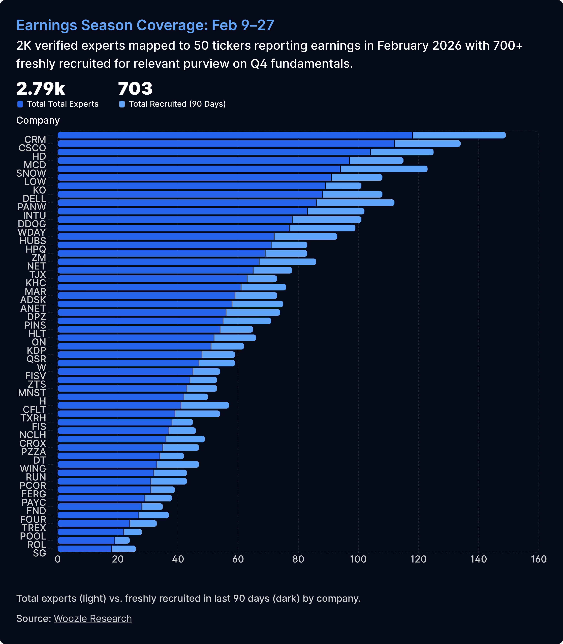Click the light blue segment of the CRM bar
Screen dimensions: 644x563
pyautogui.click(x=459, y=135)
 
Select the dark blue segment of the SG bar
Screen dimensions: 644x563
pyautogui.click(x=85, y=549)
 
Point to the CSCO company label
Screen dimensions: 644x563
pyautogui.click(x=32, y=148)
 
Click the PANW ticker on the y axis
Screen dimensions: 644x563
pyautogui.click(x=32, y=207)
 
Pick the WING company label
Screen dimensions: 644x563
pyautogui.click(x=33, y=469)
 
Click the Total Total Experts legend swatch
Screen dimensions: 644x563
pyautogui.click(x=20, y=104)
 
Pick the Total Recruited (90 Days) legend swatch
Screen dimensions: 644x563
pyautogui.click(x=122, y=104)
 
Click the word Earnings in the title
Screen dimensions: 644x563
pyautogui.click(x=47, y=25)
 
